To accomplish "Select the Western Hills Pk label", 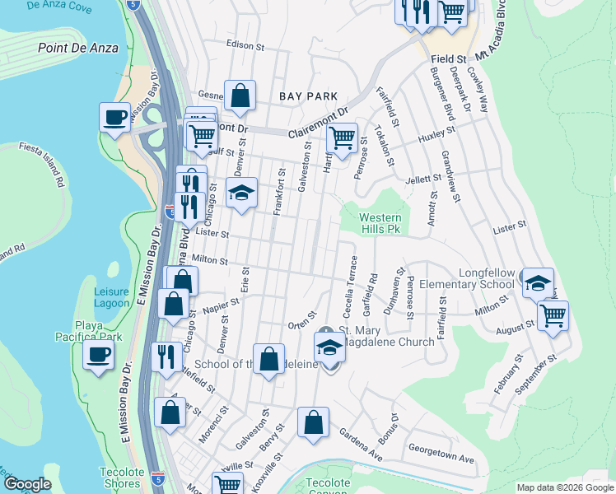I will tap(380, 223).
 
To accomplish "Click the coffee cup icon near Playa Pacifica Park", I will tap(99, 356).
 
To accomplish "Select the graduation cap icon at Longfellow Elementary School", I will tap(538, 283).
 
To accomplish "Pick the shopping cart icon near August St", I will tap(553, 314).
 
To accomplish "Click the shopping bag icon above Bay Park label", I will tap(239, 96).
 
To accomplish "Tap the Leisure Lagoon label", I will tap(111, 297).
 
